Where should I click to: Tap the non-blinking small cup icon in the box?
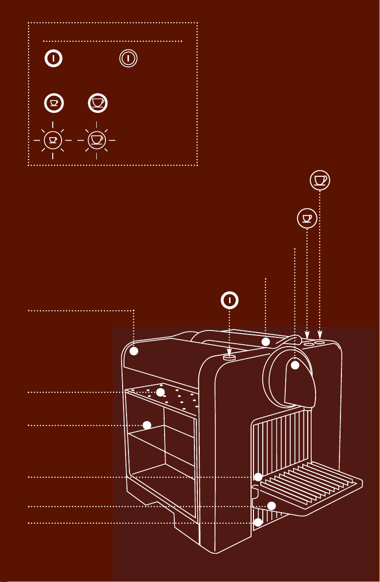pyautogui.click(x=53, y=103)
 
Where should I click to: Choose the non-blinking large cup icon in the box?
pyautogui.click(x=98, y=103)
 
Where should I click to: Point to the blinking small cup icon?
pyautogui.click(x=53, y=140)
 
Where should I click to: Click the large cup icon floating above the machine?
pyautogui.click(x=320, y=180)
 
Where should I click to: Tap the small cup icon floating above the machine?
pyautogui.click(x=307, y=218)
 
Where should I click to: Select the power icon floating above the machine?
pyautogui.click(x=230, y=300)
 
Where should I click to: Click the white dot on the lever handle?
pyautogui.click(x=266, y=342)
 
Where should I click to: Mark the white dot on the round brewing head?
pyautogui.click(x=296, y=366)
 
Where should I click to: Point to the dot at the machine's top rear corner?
pyautogui.click(x=135, y=351)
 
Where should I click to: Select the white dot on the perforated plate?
pyautogui.click(x=160, y=393)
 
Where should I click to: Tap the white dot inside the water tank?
pyautogui.click(x=147, y=425)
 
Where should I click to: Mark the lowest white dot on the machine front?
pyautogui.click(x=258, y=522)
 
